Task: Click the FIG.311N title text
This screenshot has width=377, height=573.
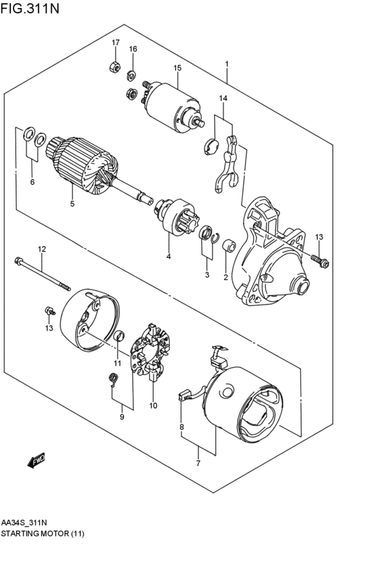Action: click(30, 8)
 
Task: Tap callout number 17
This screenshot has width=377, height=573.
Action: click(115, 42)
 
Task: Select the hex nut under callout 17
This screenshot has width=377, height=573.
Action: click(114, 67)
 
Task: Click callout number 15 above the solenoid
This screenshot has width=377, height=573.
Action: click(177, 68)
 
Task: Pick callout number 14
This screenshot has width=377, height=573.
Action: click(223, 98)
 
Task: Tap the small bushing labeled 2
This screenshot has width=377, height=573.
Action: click(229, 245)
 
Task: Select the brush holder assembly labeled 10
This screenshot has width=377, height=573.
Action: click(152, 352)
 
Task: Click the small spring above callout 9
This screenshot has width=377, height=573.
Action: click(114, 379)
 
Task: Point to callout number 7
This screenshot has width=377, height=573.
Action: click(198, 463)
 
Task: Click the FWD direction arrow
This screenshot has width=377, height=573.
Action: click(36, 460)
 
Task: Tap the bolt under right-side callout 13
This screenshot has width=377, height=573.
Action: click(320, 261)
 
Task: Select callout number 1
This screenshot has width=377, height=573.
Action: click(227, 64)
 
